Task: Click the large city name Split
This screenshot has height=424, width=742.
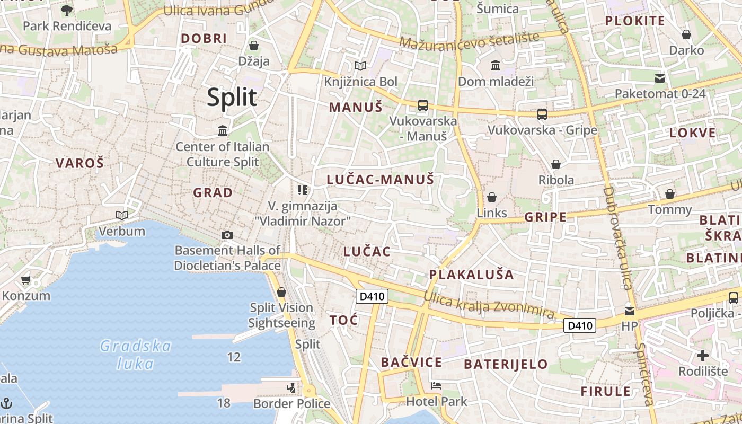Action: tap(232, 98)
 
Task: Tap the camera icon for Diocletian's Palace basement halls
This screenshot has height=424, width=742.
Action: tap(227, 235)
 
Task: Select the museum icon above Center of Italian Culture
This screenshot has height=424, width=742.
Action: tap(223, 130)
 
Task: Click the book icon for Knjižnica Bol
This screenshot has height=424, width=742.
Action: tap(360, 66)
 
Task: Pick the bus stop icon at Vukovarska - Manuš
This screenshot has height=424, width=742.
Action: tap(422, 105)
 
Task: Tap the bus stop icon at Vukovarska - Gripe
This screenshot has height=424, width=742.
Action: tap(542, 114)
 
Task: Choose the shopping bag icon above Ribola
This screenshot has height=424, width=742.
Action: tap(556, 164)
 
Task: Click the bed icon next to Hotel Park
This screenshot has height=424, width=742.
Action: tap(436, 385)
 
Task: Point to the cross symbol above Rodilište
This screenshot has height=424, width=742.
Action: tap(703, 355)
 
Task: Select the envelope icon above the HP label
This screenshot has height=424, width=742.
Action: tap(629, 311)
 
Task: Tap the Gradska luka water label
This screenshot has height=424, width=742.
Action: tap(136, 355)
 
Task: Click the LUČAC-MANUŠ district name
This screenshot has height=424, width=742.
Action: tap(380, 180)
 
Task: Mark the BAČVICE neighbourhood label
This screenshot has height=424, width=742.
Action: tap(411, 363)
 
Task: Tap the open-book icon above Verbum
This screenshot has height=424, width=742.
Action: tap(122, 215)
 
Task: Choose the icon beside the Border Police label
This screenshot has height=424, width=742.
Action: tap(291, 388)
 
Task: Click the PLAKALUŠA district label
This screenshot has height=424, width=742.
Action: tap(471, 275)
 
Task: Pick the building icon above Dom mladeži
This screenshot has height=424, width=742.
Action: tap(496, 65)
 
